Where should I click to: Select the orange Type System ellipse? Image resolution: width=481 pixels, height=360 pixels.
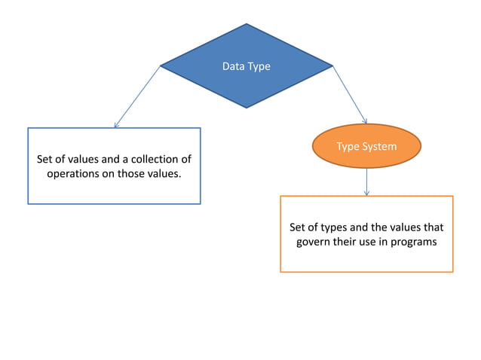point(366,146)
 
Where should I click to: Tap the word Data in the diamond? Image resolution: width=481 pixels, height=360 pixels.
point(233,66)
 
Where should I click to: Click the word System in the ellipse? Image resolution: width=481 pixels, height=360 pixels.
point(378,146)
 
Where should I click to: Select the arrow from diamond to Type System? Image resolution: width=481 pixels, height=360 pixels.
point(350,95)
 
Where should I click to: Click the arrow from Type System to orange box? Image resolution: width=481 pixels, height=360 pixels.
point(366,181)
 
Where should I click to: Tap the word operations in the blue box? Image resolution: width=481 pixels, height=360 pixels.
point(75,173)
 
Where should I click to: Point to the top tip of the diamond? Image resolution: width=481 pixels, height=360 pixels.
point(247,24)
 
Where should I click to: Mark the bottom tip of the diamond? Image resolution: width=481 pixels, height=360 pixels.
point(247,108)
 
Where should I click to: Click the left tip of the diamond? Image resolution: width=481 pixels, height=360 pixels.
point(161,66)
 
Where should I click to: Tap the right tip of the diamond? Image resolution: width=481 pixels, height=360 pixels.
point(332,66)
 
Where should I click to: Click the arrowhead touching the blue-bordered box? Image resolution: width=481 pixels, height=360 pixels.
point(115,125)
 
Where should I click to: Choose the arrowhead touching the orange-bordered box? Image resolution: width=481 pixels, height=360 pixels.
point(366,193)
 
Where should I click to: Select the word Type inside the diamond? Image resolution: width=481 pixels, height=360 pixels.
point(258,66)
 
